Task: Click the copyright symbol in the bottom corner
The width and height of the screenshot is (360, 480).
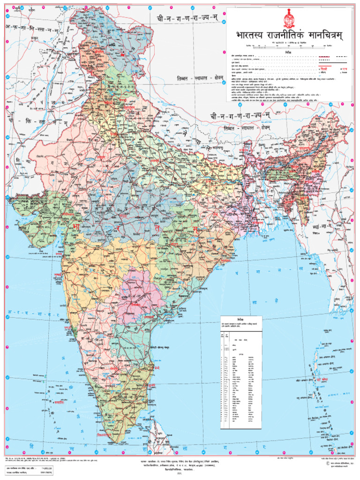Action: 323,463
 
